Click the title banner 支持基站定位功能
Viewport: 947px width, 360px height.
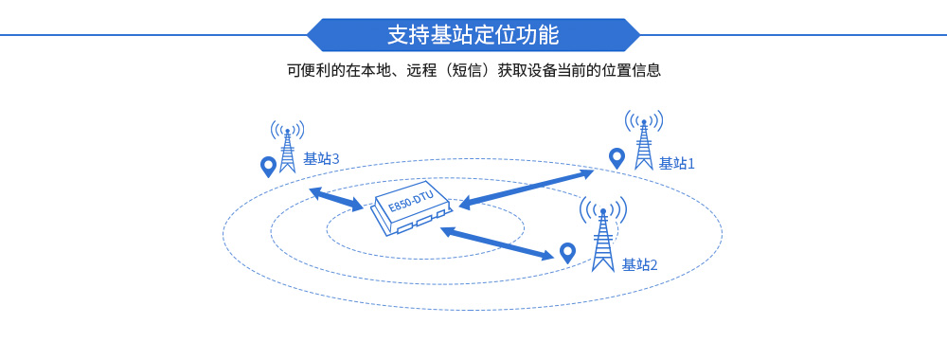click(473, 35)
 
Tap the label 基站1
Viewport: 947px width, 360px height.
click(676, 163)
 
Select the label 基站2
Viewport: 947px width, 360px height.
click(639, 264)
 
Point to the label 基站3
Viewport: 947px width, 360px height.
click(321, 159)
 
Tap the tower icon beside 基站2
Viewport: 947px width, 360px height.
click(601, 242)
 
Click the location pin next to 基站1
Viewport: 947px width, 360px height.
click(616, 158)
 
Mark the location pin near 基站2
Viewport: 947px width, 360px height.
click(567, 252)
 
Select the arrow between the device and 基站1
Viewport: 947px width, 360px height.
click(526, 188)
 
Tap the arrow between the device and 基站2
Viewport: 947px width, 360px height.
click(497, 243)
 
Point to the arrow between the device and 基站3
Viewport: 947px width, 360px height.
click(335, 199)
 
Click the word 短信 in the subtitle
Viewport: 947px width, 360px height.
click(473, 70)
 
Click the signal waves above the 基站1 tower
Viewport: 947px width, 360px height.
click(643, 121)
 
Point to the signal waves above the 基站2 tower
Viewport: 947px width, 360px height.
click(602, 208)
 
